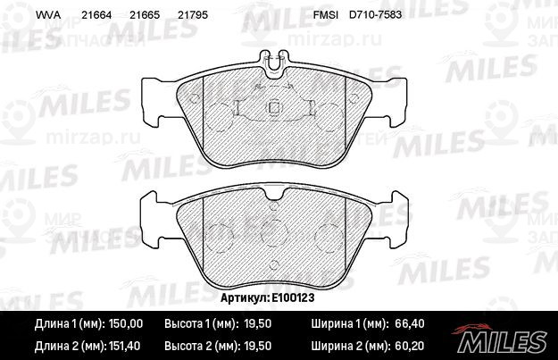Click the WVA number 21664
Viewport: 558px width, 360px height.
click(96, 15)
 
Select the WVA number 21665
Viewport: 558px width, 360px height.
click(145, 15)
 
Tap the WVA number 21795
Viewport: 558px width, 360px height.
click(193, 15)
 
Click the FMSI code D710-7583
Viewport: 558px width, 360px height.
click(376, 14)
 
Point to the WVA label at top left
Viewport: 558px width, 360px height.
click(48, 15)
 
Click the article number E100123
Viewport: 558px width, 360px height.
click(293, 297)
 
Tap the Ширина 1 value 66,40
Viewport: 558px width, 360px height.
click(410, 323)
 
